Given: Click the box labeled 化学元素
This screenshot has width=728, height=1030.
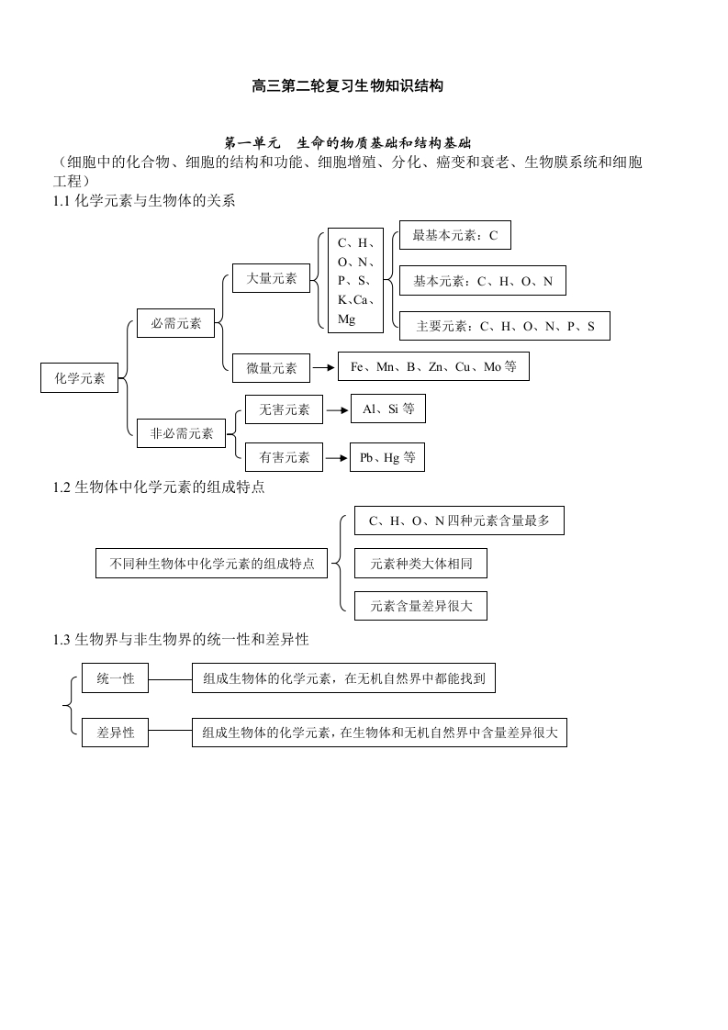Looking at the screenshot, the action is pyautogui.click(x=80, y=377).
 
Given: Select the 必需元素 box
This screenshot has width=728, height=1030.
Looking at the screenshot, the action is pyautogui.click(x=175, y=323).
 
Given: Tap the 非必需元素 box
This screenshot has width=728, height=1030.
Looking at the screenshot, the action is pyautogui.click(x=182, y=433).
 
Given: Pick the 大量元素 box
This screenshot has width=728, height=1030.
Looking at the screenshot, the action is pyautogui.click(x=272, y=278).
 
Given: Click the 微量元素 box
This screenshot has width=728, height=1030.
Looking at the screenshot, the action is pyautogui.click(x=272, y=368).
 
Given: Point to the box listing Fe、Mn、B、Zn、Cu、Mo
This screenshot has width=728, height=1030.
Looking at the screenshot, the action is pyautogui.click(x=433, y=366).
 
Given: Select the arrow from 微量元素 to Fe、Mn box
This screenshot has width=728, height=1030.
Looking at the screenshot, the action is pyautogui.click(x=324, y=368).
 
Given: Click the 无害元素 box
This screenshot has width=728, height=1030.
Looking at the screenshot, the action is pyautogui.click(x=284, y=409).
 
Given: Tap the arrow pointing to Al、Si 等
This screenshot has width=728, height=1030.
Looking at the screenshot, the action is pyautogui.click(x=337, y=410).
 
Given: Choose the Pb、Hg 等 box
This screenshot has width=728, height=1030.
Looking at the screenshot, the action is pyautogui.click(x=387, y=457).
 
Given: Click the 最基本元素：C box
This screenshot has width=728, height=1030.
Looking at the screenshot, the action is pyautogui.click(x=454, y=235).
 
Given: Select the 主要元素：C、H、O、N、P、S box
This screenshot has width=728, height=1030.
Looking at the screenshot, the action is pyautogui.click(x=505, y=326).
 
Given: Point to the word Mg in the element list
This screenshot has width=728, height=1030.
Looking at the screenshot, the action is pyautogui.click(x=346, y=319).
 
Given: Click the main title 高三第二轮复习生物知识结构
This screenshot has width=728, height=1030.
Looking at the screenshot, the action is pyautogui.click(x=348, y=86).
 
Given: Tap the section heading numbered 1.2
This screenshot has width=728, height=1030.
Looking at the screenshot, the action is pyautogui.click(x=159, y=487).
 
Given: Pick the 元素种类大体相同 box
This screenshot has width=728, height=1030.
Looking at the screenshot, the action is pyautogui.click(x=420, y=563).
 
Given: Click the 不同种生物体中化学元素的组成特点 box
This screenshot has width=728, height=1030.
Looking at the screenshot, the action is pyautogui.click(x=211, y=563).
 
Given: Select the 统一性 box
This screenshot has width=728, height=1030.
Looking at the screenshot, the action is pyautogui.click(x=115, y=677).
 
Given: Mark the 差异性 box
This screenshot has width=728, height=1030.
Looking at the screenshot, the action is pyautogui.click(x=115, y=733).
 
